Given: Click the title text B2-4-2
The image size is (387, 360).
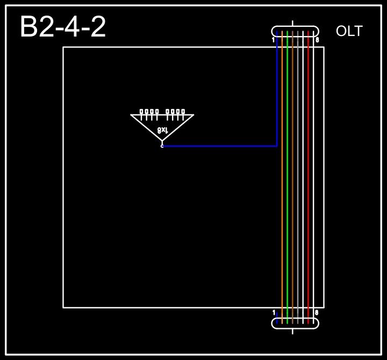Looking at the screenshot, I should (x=63, y=27).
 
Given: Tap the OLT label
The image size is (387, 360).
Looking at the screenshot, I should (x=349, y=32).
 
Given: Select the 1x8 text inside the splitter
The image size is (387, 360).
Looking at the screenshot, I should (x=163, y=130).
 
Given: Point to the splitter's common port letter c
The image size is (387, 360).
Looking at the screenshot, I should (x=162, y=146).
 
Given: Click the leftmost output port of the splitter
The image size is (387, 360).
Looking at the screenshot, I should (x=141, y=112).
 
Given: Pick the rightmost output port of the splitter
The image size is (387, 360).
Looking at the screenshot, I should (x=183, y=112).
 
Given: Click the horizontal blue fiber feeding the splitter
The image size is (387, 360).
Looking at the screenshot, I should (x=220, y=146).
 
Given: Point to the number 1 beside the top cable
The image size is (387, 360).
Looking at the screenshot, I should (x=273, y=40).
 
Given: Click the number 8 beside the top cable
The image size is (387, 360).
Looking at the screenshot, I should (x=317, y=40).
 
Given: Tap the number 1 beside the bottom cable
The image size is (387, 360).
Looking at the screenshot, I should (x=273, y=312).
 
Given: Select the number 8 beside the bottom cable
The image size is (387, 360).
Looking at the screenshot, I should (x=317, y=312).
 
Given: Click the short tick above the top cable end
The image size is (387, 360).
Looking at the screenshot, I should (x=292, y=23).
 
